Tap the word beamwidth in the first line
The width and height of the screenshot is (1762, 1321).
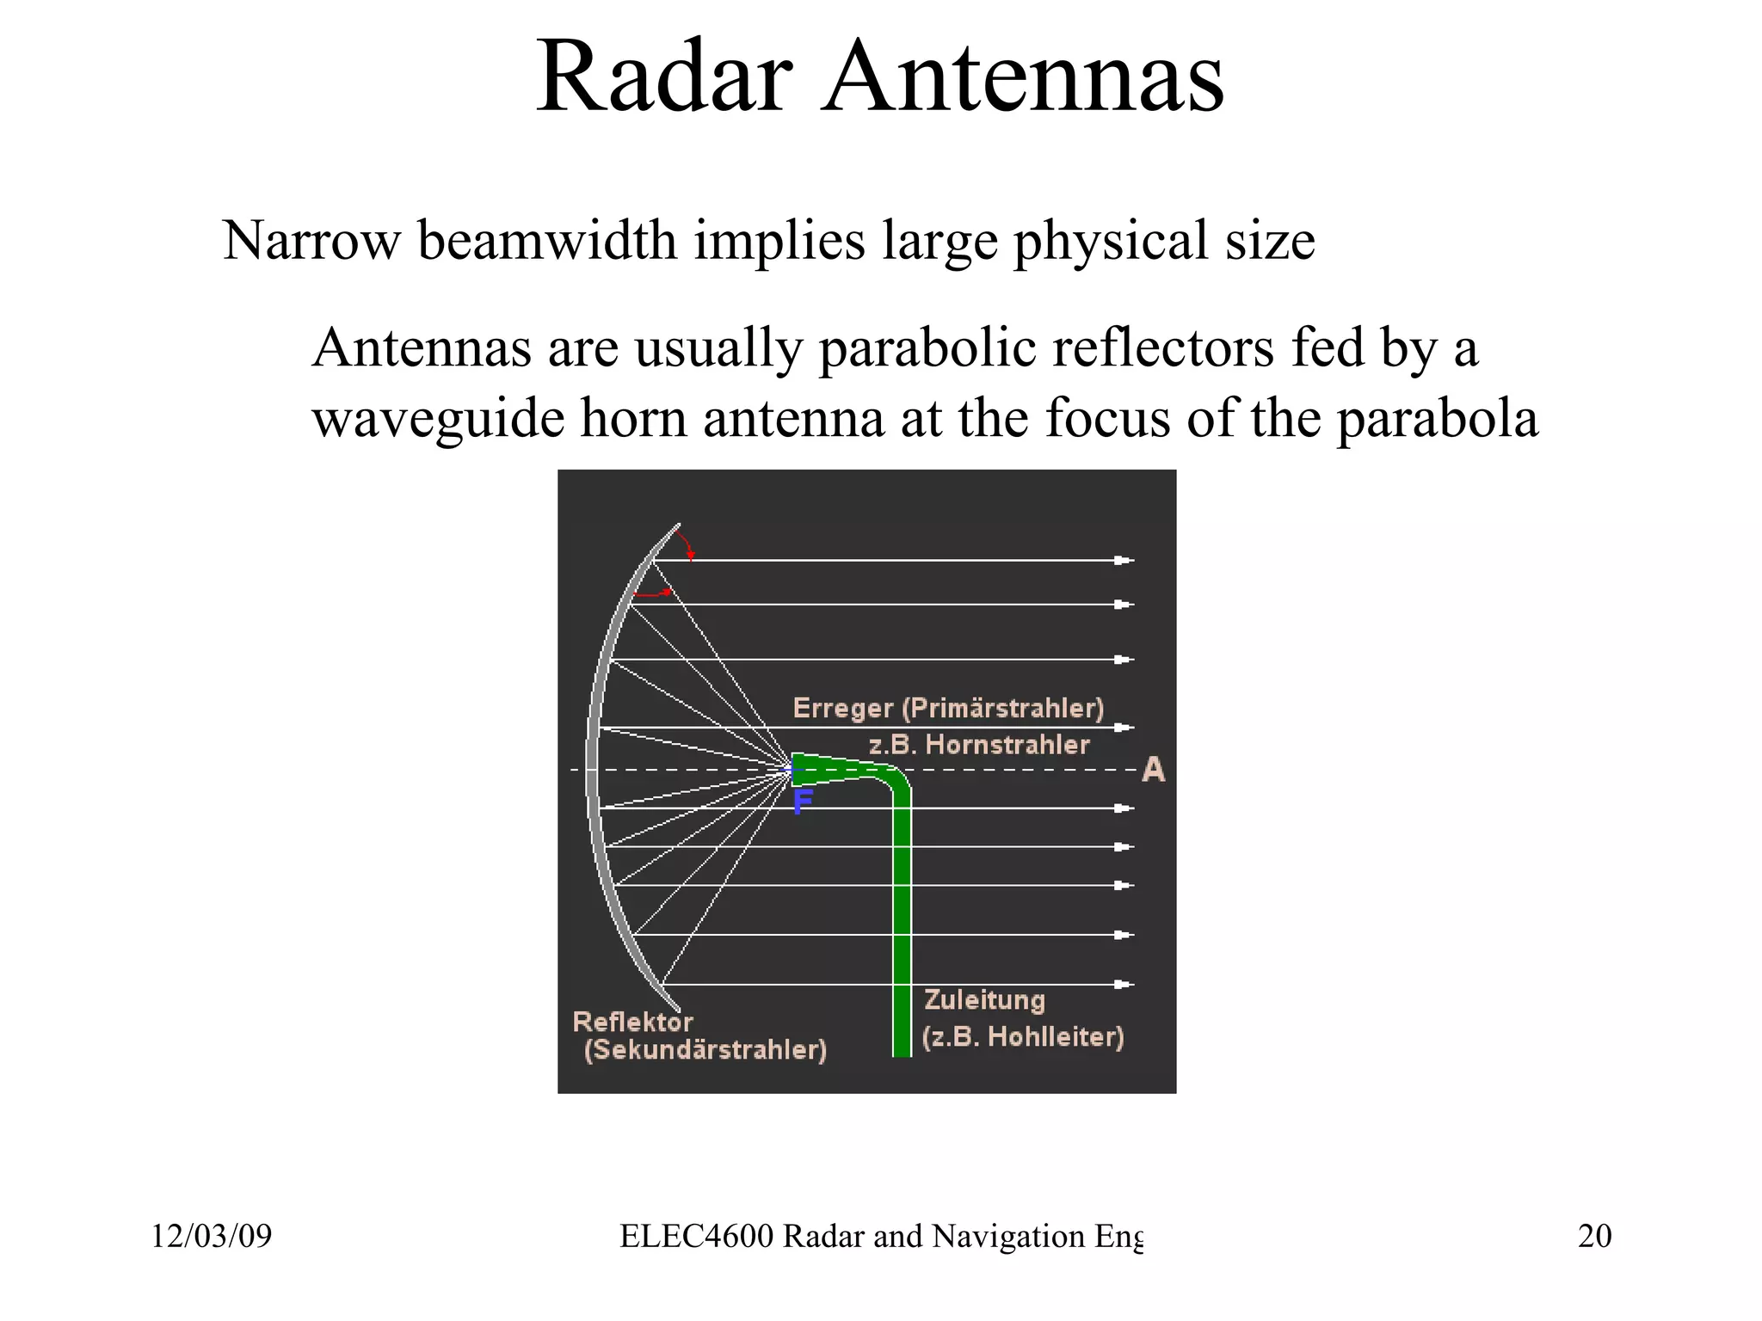(x=547, y=241)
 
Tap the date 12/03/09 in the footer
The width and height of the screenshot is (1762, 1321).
(x=212, y=1237)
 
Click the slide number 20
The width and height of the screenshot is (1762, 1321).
(x=1594, y=1237)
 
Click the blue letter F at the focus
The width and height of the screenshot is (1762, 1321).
(x=803, y=802)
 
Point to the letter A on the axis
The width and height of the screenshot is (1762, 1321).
(x=1153, y=770)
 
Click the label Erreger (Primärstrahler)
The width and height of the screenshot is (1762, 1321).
(x=948, y=709)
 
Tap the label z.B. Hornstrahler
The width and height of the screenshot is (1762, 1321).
(x=979, y=745)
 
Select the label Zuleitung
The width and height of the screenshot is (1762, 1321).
(x=984, y=1000)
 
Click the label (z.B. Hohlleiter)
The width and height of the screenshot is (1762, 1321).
(x=1023, y=1037)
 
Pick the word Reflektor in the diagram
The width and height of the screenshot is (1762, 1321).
(x=632, y=1023)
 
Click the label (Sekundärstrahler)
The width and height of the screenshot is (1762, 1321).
(x=705, y=1050)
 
